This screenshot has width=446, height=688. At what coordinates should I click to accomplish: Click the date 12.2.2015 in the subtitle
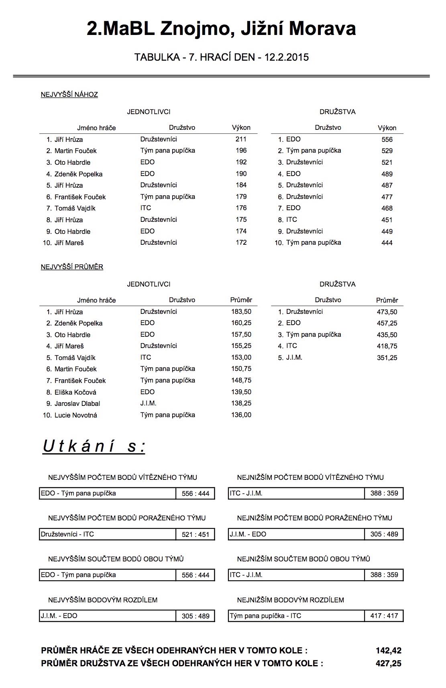pos(287,57)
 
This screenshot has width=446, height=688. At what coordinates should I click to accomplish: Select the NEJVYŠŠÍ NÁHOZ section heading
pos(69,94)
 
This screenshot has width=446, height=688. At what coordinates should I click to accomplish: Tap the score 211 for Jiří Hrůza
pos(241,139)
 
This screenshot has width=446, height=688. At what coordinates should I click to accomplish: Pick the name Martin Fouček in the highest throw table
pos(75,151)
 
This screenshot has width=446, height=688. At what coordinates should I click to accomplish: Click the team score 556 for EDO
pos(387,139)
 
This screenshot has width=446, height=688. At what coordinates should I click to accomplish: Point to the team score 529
pos(387,151)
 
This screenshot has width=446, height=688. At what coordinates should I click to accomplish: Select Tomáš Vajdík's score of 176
pos(241,208)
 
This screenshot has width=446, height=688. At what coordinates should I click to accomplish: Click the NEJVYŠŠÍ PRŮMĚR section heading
pos(72,267)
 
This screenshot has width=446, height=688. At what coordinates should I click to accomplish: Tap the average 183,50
pos(241,311)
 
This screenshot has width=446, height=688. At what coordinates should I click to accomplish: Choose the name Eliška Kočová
pos(75,392)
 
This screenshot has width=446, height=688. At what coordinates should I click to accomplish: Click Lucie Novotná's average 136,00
pos(241,415)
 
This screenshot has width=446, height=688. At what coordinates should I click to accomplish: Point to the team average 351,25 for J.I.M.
pos(387,358)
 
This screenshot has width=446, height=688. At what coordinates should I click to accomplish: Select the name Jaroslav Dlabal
pos(77,403)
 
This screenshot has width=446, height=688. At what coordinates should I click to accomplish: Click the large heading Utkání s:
pos(94,446)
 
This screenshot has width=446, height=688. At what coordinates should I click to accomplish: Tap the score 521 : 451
pos(196,534)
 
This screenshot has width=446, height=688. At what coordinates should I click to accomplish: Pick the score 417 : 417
pos(384,616)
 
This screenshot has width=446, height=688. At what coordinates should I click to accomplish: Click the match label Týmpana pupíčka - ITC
pos(265,616)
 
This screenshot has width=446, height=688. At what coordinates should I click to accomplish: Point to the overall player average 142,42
pos(388,651)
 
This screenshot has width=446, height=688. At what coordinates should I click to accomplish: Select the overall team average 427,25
pos(388,663)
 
